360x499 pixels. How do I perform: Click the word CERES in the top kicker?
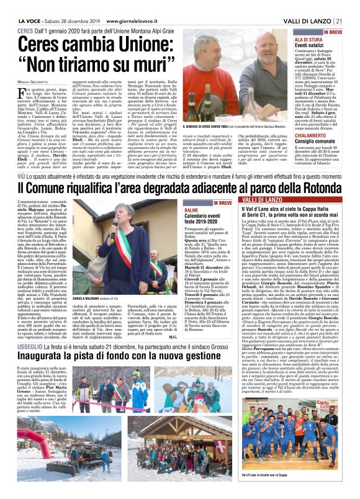tap(25, 30)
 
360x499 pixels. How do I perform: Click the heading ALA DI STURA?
tap(309, 38)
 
